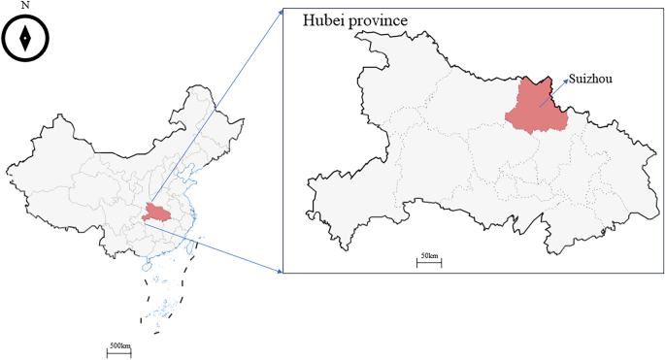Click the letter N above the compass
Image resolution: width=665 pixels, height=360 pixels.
(25, 6)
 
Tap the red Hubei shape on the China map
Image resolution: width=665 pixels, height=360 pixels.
(154, 212)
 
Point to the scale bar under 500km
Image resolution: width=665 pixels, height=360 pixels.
(118, 353)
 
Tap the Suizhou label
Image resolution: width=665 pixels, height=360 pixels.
(591, 77)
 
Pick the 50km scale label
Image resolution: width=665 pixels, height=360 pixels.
(429, 255)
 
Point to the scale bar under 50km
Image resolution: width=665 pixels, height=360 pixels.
(429, 263)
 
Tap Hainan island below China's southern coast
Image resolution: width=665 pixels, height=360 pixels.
(149, 265)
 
